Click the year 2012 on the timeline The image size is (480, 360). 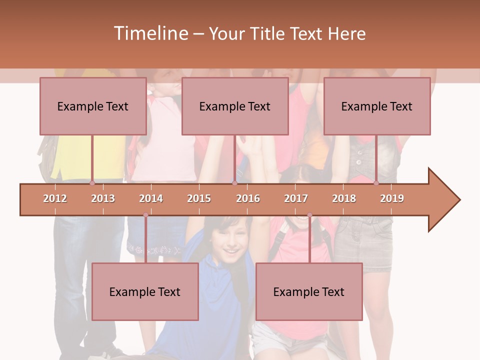click(55, 198)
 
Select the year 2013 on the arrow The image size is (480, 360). click(103, 198)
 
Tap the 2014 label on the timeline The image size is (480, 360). click(151, 198)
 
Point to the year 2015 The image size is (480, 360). click(199, 198)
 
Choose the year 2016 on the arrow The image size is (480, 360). click(248, 198)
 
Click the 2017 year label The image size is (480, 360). click(296, 198)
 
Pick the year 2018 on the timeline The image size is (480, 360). click(344, 198)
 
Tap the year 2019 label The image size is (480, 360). click(392, 198)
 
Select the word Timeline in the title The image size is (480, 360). click(150, 33)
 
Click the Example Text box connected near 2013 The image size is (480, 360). click(93, 106)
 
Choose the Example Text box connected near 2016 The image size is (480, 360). click(235, 106)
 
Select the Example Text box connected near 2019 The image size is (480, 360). click(377, 106)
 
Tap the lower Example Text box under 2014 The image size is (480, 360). click(145, 291)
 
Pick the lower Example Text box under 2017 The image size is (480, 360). click(309, 291)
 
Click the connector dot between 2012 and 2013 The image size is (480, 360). click(92, 183)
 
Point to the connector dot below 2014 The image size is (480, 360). click(145, 215)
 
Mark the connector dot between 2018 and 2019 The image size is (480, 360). click(376, 183)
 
